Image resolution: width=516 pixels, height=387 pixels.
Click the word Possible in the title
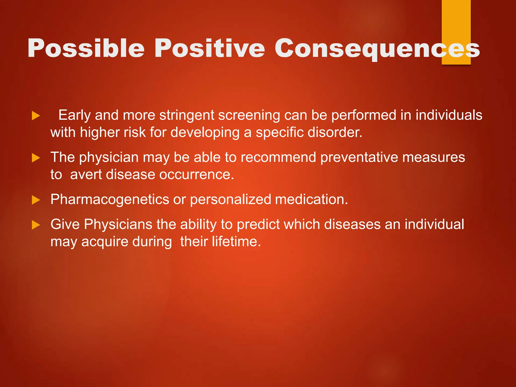(86, 48)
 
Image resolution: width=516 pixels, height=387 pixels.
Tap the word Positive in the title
(209, 48)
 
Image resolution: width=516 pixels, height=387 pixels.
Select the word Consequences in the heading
(377, 48)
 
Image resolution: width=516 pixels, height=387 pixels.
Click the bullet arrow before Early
(36, 116)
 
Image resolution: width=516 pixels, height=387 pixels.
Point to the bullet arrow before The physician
(36, 158)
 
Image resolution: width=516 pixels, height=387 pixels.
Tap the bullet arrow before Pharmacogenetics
(36, 200)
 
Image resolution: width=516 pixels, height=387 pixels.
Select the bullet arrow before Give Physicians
(36, 225)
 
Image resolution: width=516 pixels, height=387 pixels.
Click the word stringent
(186, 115)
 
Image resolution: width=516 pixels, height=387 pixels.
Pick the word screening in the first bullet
(249, 115)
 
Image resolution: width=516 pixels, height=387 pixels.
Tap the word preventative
(359, 157)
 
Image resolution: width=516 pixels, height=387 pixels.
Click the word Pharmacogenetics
(110, 200)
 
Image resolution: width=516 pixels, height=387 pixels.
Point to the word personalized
(230, 200)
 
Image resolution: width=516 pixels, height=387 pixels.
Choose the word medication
(311, 200)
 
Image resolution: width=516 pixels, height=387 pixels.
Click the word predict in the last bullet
(258, 224)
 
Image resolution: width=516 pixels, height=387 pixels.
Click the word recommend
(278, 157)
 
